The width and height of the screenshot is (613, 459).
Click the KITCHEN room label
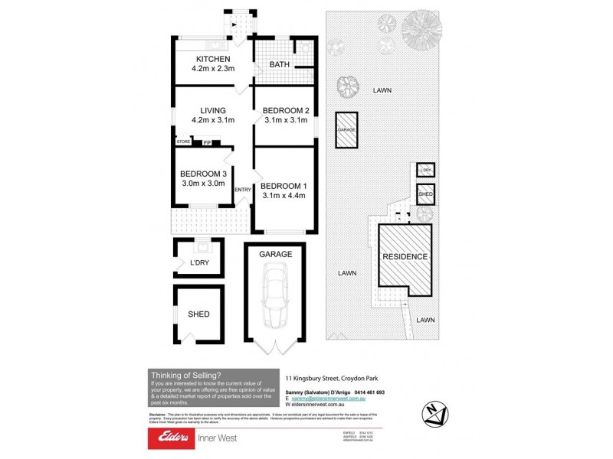pyautogui.click(x=213, y=59)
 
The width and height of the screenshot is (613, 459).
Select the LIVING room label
pyautogui.click(x=212, y=110)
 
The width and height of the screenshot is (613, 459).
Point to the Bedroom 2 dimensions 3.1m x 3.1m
pyautogui.click(x=284, y=120)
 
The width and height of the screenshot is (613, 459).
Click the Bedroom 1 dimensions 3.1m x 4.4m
pyautogui.click(x=284, y=196)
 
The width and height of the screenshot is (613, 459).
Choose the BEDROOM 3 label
pyautogui.click(x=203, y=174)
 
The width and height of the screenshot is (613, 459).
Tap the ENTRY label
pyautogui.click(x=243, y=190)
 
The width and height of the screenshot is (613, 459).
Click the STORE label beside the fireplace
pyautogui.click(x=183, y=142)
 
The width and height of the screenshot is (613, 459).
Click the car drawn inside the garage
pyautogui.click(x=274, y=294)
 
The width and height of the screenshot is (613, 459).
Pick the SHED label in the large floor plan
pyautogui.click(x=198, y=314)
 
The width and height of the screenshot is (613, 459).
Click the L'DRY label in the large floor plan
pyautogui.click(x=198, y=264)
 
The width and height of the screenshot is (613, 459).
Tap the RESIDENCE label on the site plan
pyautogui.click(x=405, y=256)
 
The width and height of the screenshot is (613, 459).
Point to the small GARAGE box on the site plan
pyautogui.click(x=346, y=131)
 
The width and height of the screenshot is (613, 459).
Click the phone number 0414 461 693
pyautogui.click(x=369, y=392)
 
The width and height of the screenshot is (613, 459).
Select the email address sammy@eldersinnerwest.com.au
pyautogui.click(x=330, y=399)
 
